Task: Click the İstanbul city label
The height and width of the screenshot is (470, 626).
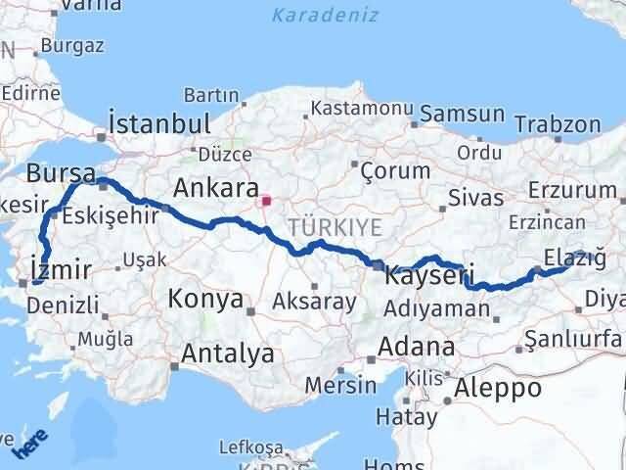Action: coord(160,123)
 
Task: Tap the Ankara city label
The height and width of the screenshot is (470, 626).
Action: coord(214,187)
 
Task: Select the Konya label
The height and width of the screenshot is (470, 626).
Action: coord(205,300)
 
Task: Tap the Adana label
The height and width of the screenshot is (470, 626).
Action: coord(418,347)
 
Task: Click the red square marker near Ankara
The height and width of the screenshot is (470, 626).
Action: coord(265,202)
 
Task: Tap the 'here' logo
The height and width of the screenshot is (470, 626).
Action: coord(29,446)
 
